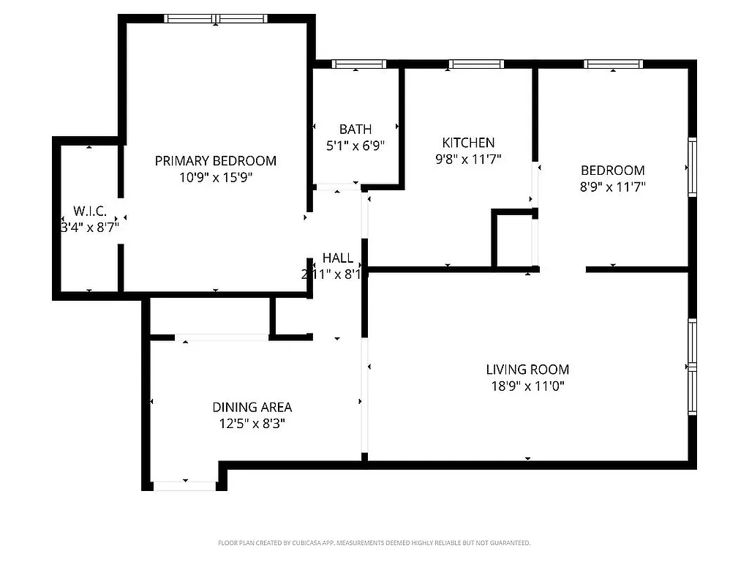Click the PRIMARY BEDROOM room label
tap(215, 161)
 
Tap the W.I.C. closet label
tap(90, 211)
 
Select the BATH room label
tap(355, 130)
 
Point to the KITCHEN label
tap(468, 143)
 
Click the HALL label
tap(338, 258)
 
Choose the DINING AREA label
tap(252, 408)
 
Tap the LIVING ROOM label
tap(527, 370)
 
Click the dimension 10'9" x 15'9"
tap(215, 177)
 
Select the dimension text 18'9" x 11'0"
tap(527, 386)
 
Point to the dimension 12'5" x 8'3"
tap(252, 424)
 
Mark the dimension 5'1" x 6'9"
tap(355, 146)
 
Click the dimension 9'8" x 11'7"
tap(468, 159)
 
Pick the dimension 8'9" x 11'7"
tap(612, 187)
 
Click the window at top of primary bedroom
tap(216, 19)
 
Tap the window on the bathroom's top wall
tap(358, 64)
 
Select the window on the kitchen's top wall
tap(476, 64)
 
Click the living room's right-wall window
tap(692, 366)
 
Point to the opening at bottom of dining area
tap(184, 485)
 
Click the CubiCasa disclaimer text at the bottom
tap(374, 543)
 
